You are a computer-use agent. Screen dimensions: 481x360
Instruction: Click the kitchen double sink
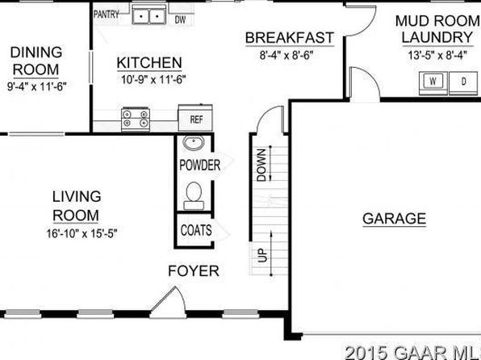click(x=149, y=14)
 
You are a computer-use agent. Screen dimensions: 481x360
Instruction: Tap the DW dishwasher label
click(x=181, y=20)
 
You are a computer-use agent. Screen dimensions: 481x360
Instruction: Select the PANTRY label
click(x=107, y=14)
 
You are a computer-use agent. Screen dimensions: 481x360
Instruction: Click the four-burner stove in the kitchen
click(x=136, y=119)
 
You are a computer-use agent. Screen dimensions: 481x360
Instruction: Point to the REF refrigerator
click(x=196, y=118)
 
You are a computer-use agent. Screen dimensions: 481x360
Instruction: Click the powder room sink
click(x=194, y=143)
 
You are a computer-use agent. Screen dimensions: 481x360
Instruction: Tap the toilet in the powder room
click(x=194, y=196)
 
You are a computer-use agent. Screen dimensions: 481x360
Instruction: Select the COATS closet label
click(x=196, y=230)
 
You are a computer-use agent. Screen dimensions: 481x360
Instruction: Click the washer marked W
click(x=433, y=82)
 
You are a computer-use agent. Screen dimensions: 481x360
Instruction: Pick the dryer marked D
click(x=463, y=82)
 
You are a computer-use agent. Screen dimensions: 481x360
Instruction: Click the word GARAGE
click(x=394, y=219)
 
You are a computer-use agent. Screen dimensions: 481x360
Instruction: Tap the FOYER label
click(x=194, y=270)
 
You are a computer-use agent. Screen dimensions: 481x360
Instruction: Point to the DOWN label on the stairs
click(x=261, y=165)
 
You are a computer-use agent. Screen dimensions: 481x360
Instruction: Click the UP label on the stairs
click(x=262, y=255)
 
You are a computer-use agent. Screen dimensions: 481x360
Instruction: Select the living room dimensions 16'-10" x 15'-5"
click(x=82, y=234)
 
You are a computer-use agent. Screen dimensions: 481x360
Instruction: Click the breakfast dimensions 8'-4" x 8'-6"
click(x=287, y=56)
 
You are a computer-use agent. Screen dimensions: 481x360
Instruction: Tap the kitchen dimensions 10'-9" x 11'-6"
click(x=153, y=80)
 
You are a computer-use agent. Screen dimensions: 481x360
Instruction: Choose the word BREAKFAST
click(x=289, y=38)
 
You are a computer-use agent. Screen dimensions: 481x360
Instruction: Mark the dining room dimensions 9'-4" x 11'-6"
click(x=37, y=86)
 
